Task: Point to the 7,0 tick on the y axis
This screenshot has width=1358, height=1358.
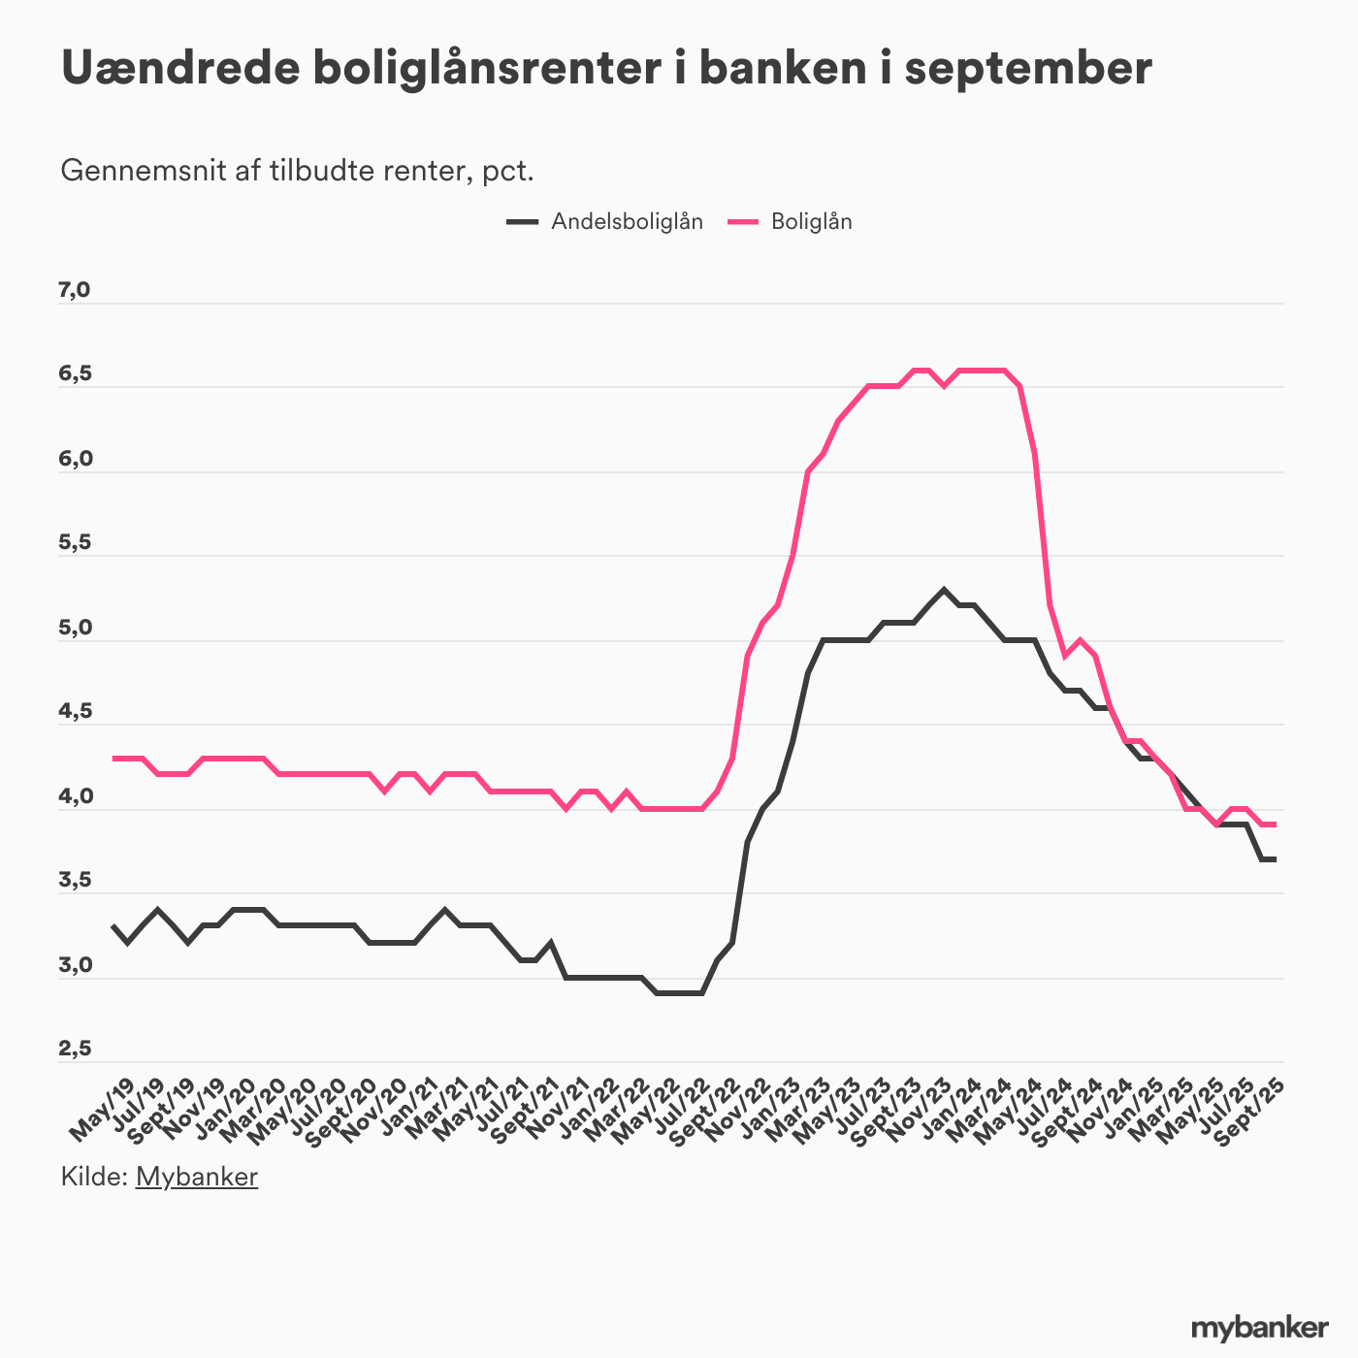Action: coord(75,290)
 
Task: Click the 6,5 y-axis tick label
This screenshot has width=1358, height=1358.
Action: coord(75,374)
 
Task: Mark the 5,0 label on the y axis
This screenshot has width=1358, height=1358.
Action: coord(75,629)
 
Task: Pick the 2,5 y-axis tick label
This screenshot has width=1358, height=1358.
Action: coord(75,1050)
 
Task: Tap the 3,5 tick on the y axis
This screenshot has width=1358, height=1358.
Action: coord(75,881)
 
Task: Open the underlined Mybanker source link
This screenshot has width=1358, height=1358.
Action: coord(197,1177)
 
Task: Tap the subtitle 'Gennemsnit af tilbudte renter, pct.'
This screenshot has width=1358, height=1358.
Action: coord(298,171)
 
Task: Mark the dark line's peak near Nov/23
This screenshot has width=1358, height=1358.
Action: coord(944,590)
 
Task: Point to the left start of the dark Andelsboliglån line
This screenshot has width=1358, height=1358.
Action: coord(113,925)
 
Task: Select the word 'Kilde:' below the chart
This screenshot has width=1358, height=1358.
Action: coord(94,1177)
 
